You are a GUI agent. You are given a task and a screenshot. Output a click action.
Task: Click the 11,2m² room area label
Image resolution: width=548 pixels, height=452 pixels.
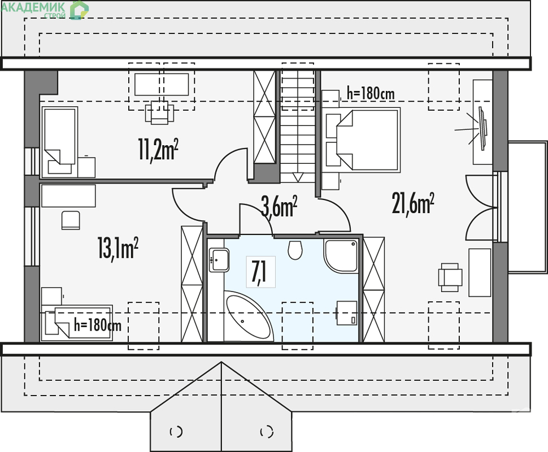pos(158,150)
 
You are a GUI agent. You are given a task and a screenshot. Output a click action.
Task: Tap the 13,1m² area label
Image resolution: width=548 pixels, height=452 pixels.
pos(118,248)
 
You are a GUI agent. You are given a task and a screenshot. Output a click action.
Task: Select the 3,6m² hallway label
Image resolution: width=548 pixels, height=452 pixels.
pos(279,207)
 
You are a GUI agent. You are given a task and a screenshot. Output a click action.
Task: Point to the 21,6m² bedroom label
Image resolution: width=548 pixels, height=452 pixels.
pos(413,203)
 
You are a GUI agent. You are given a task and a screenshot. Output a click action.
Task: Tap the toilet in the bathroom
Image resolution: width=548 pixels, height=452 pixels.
pos(295,250)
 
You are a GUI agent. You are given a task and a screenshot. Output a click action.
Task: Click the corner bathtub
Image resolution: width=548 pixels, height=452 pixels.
pos(247,316)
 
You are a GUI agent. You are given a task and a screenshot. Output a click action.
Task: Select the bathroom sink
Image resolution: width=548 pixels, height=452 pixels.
pos(219,260)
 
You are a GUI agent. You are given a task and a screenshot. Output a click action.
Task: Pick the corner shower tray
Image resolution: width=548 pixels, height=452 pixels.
pos(341,256)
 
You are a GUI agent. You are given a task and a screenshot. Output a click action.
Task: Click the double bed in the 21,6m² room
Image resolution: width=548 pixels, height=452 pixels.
pos(363,140)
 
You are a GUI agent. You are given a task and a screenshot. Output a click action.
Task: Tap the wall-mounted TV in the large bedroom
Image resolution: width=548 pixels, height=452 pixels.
pos(482,129)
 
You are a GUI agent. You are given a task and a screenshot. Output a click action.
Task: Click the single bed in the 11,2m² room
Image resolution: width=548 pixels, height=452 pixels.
pos(60,141)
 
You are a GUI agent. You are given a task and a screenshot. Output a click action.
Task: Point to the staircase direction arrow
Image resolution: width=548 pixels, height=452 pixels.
pos(297,177)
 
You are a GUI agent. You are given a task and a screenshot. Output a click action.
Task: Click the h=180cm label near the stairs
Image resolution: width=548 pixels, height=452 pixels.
pos(371,93)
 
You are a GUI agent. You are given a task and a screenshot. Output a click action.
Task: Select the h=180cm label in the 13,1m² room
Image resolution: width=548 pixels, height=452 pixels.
pos(98,325)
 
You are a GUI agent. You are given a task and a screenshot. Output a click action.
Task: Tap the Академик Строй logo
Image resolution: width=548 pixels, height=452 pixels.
pos(45,10)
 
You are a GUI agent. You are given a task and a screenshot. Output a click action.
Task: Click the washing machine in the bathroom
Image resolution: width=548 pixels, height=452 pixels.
pos(347,313)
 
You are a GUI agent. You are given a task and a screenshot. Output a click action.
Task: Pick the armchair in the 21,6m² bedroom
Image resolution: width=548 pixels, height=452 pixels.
pos(450,277)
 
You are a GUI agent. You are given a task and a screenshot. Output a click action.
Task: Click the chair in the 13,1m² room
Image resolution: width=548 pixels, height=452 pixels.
pos(71,220)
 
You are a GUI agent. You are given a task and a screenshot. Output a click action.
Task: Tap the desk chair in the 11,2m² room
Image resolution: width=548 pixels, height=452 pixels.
pos(160,112)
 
